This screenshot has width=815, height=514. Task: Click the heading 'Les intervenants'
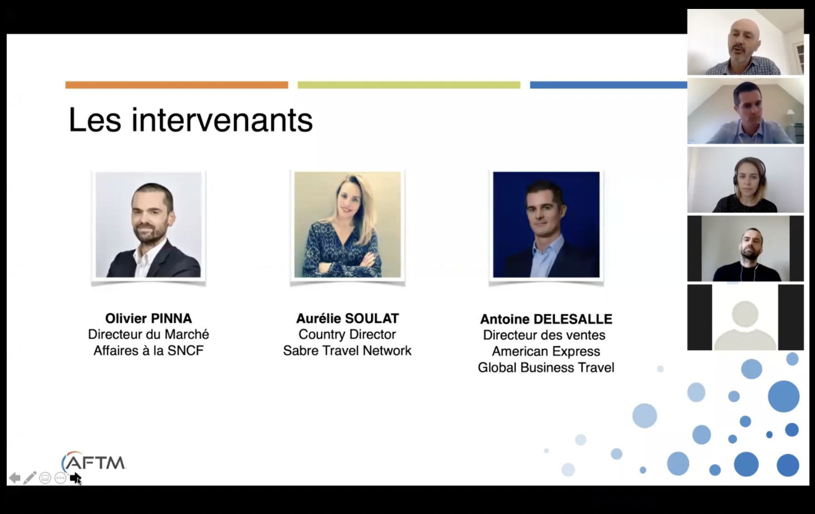pos(190,120)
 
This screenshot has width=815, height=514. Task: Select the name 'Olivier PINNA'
pos(148,318)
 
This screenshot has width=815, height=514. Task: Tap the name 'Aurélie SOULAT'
pos(347,318)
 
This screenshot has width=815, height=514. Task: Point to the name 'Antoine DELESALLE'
pos(546,319)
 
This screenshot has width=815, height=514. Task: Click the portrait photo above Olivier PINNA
pos(148,225)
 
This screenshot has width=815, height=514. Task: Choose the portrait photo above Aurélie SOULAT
pos(347,225)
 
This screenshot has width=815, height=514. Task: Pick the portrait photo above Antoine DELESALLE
pos(546,225)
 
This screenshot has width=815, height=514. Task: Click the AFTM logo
pos(94,462)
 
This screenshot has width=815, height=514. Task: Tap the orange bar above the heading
pos(177,85)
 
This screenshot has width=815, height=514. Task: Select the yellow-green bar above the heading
pos(409,85)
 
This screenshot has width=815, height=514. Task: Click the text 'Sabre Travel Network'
pos(347,351)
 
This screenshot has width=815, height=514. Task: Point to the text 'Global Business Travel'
pos(546,367)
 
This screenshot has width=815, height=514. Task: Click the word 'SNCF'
pos(185,351)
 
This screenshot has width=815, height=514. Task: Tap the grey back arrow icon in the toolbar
pos(14,478)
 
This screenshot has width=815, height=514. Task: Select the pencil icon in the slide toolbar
pos(30,478)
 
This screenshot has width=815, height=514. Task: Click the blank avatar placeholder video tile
pos(745,317)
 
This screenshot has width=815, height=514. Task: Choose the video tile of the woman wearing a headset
pos(745,180)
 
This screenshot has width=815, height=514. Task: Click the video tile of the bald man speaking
pos(745,42)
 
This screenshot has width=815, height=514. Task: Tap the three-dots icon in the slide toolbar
pos(60,478)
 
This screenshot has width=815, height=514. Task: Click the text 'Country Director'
pos(347,334)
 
